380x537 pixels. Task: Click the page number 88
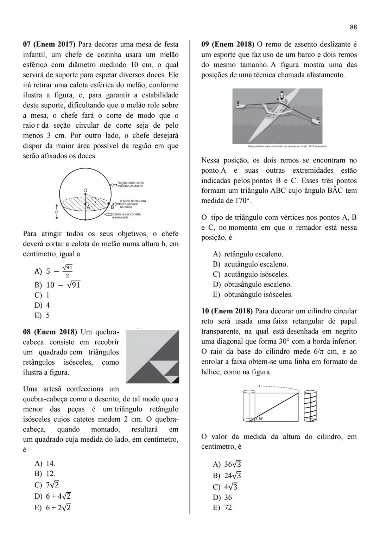click(x=353, y=27)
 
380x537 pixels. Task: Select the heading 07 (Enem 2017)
click(x=49, y=45)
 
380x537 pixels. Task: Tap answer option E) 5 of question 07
click(x=43, y=315)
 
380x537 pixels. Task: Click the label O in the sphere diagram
click(x=85, y=190)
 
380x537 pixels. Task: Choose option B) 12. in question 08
click(x=45, y=474)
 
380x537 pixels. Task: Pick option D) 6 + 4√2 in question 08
click(x=53, y=496)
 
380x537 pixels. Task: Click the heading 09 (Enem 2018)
click(x=228, y=45)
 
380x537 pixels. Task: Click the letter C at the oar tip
click(x=318, y=119)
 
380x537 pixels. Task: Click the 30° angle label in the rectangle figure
click(x=261, y=418)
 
